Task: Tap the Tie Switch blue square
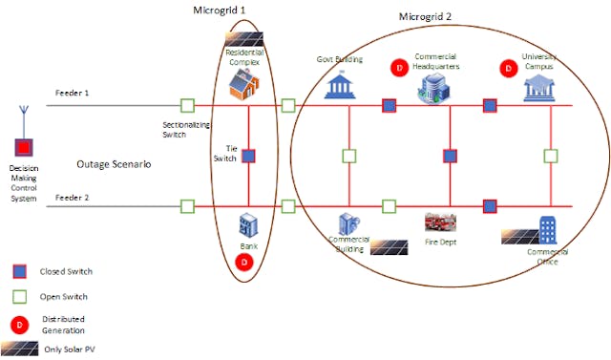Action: click(x=247, y=156)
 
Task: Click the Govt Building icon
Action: click(x=341, y=87)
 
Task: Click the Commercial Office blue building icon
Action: click(x=548, y=229)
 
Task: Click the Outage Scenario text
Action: click(x=115, y=164)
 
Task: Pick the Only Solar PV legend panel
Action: click(x=19, y=348)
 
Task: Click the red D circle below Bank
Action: click(x=244, y=261)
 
